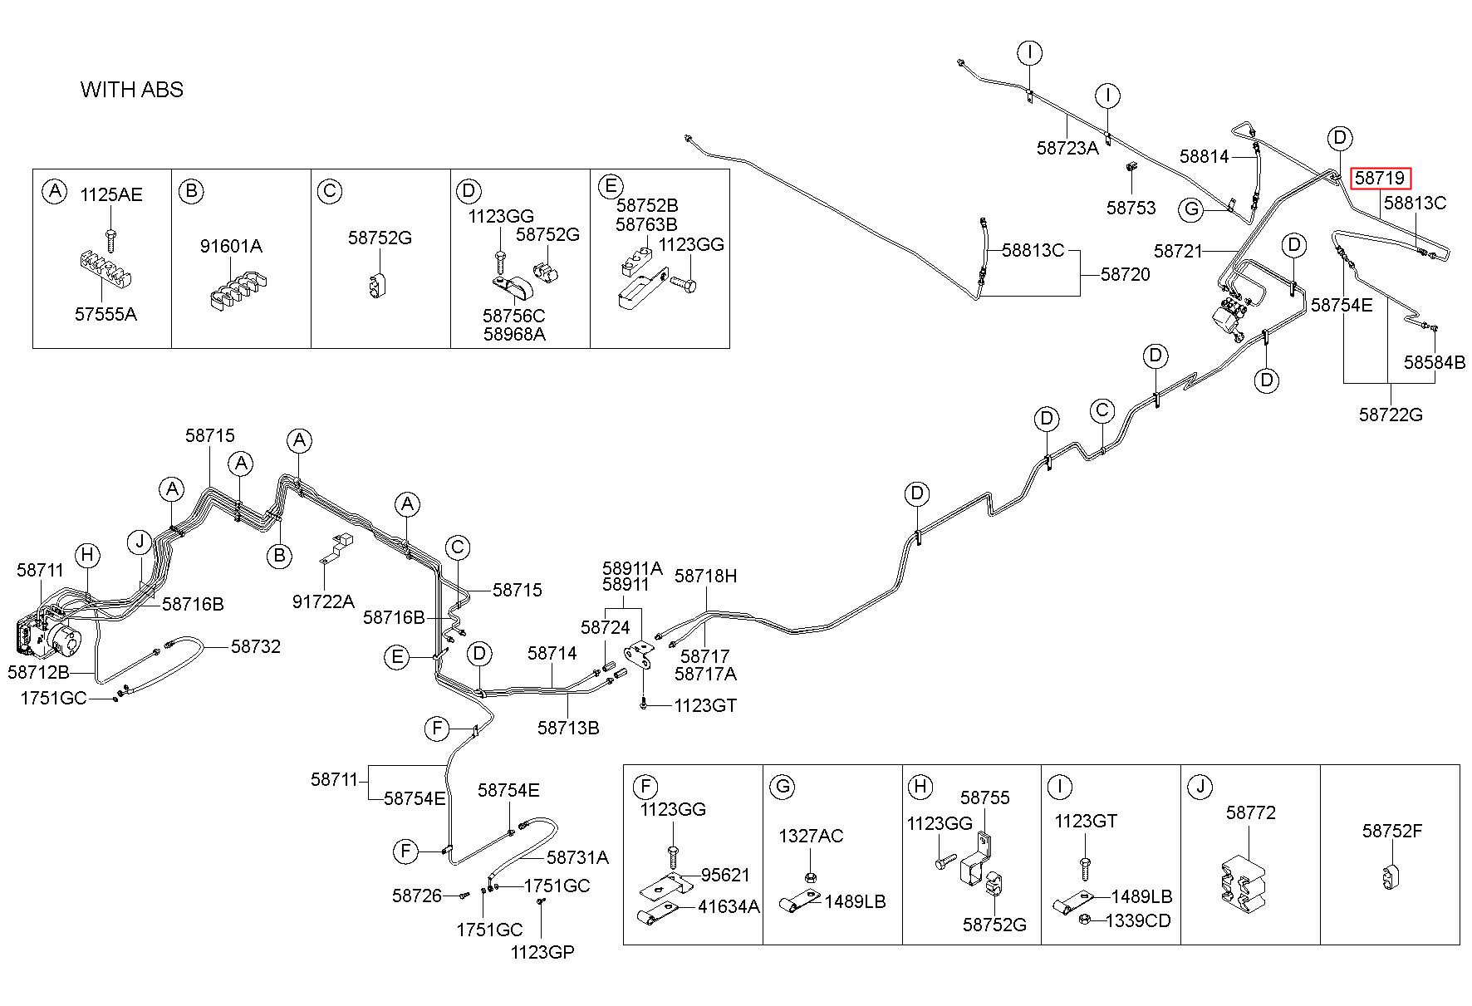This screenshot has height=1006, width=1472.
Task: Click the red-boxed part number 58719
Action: coord(1380,178)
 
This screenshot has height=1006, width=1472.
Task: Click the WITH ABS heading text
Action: coord(132,90)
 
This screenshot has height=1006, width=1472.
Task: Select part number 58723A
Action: coord(1067,148)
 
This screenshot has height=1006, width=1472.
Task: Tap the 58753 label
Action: coord(1131,208)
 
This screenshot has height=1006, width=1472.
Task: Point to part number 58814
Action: coord(1204,156)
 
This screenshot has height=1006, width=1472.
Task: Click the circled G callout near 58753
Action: coord(1192,209)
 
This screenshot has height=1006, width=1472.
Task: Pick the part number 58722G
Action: coord(1391,414)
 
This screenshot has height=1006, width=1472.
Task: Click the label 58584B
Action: coord(1435,362)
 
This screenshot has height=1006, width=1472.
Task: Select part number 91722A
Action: coord(323,601)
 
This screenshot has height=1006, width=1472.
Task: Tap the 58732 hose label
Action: coord(256,646)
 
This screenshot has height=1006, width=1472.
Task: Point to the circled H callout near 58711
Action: coord(86,556)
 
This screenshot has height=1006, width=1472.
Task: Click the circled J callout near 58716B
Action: coord(140,543)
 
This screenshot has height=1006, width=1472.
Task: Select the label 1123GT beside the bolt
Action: coord(705,705)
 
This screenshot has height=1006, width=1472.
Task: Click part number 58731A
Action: coord(577,857)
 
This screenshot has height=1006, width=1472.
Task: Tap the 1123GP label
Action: coord(542,952)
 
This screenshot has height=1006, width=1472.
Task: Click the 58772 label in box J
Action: coord(1250,812)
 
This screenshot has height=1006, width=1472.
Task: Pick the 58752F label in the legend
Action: coord(1391,831)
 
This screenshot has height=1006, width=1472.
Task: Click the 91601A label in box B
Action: coord(231,246)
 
